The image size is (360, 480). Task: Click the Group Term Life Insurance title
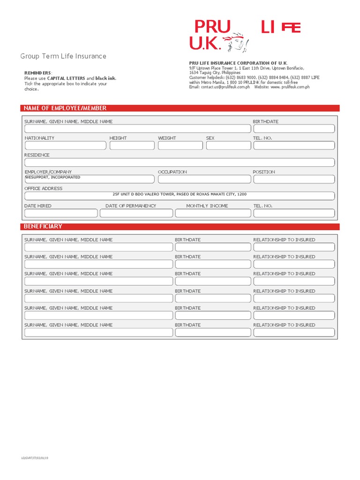point(63,56)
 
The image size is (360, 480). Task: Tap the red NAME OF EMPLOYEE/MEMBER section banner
point(180,108)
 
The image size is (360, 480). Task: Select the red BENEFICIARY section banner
point(180,226)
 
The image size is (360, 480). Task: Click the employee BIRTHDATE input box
point(294,129)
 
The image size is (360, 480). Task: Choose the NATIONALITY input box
point(65,145)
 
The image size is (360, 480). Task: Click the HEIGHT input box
point(132,145)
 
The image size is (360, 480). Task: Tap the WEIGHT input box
point(180,145)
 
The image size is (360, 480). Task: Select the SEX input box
point(228,145)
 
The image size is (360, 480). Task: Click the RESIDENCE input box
point(180,162)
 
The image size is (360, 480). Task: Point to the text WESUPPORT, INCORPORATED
point(52,178)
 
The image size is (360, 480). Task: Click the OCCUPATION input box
point(203,179)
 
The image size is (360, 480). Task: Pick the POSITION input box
point(294,179)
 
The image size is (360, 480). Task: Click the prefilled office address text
point(180,194)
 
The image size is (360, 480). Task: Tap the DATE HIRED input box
point(61,213)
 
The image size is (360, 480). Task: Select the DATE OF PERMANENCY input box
point(136,213)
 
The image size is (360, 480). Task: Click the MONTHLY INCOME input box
point(212,213)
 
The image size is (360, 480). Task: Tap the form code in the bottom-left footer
point(35,458)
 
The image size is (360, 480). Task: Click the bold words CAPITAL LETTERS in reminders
point(66,78)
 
